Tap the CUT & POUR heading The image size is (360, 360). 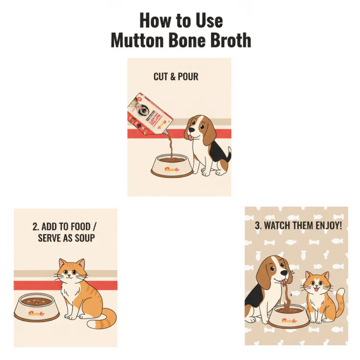click(x=176, y=77)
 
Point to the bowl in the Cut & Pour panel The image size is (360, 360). click(x=171, y=166)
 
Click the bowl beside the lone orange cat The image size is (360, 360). click(x=37, y=308)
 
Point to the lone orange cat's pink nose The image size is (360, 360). click(x=71, y=278)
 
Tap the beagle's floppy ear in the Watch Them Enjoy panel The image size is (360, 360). click(x=263, y=274)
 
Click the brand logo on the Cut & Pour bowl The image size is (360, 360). click(x=171, y=169)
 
